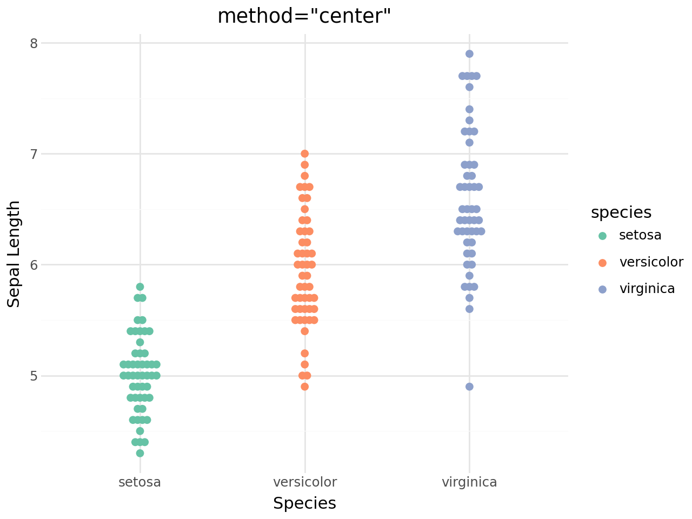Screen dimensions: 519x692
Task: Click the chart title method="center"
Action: coord(304,16)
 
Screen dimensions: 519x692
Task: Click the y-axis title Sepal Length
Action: coord(14,254)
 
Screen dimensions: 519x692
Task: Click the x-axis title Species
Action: coord(304,503)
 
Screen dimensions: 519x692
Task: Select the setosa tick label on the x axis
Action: coord(139,482)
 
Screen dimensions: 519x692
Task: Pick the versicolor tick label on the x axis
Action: coord(305,482)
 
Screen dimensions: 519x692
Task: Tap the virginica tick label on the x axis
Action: coord(469,482)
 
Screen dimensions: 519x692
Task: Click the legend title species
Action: coord(621,212)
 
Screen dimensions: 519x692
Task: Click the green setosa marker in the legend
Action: coord(603,236)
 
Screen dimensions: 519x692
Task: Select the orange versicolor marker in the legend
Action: coord(603,263)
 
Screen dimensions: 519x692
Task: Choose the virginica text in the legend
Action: coord(647,289)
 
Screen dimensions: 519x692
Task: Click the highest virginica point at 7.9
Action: coord(469,54)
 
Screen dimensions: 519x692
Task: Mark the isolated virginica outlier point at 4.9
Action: coord(469,387)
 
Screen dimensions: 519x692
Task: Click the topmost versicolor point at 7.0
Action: coord(305,154)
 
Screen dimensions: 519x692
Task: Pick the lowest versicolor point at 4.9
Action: coord(305,387)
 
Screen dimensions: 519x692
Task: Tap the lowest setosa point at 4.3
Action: coord(140,453)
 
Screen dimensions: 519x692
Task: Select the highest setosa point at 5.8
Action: coord(140,287)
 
